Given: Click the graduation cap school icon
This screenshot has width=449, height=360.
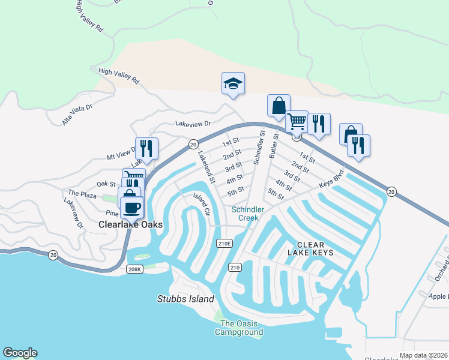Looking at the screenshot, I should [233, 83].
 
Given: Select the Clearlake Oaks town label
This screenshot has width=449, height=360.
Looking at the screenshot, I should [130, 224].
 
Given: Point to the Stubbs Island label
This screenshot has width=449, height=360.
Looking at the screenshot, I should [185, 299].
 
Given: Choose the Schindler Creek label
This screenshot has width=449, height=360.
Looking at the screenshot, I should [245, 213].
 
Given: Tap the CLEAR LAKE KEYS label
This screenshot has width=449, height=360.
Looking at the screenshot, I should [310, 248].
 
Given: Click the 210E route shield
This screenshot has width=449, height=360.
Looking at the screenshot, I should [223, 243].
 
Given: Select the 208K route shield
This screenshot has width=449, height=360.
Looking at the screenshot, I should [135, 269].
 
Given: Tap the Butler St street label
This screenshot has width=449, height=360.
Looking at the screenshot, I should [275, 145].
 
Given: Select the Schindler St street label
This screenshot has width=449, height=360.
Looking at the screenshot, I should [259, 147].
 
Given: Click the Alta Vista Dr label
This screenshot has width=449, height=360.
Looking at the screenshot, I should [77, 114].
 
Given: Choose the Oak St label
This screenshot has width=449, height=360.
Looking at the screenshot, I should [106, 183].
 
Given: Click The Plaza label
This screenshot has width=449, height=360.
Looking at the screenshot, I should [82, 193].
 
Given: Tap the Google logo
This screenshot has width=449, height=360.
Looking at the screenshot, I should [20, 353].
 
